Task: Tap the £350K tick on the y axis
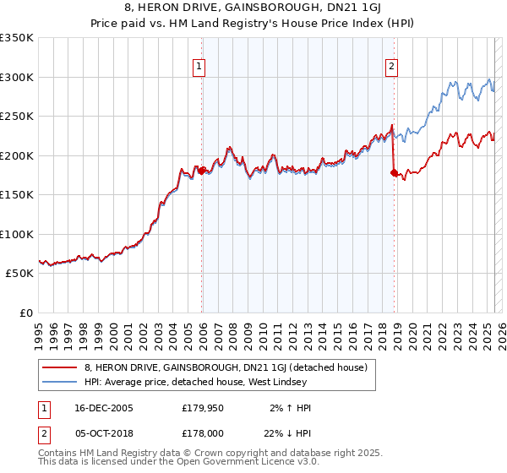[x=17, y=38]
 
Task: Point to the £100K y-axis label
[x=17, y=234]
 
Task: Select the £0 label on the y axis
[x=25, y=313]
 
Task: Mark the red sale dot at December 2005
[x=201, y=171]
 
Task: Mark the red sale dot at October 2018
[x=394, y=172]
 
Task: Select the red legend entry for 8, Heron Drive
[x=225, y=367]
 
